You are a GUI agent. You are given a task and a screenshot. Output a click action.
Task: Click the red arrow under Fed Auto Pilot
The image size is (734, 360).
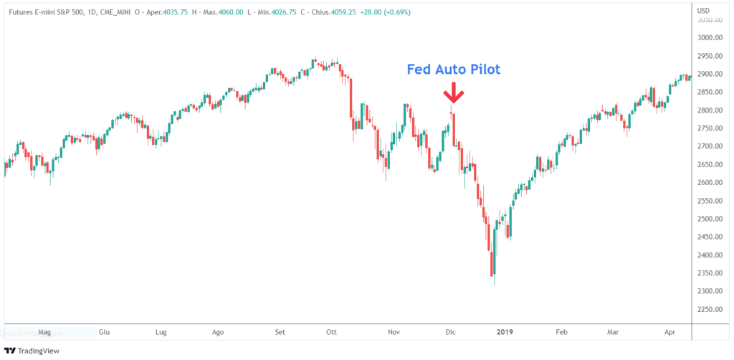click(452, 94)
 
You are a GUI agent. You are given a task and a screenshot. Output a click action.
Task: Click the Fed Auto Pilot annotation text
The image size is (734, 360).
click(453, 70)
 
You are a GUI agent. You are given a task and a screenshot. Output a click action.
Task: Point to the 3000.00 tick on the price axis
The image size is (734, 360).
click(708, 38)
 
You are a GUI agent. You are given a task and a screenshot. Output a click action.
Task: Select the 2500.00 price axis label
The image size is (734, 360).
click(708, 219)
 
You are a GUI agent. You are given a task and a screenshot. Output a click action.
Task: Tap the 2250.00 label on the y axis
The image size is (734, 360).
click(708, 309)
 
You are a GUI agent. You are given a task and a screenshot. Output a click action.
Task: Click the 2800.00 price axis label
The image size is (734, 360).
click(708, 110)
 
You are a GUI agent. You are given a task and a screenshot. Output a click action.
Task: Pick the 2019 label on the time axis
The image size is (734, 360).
click(505, 332)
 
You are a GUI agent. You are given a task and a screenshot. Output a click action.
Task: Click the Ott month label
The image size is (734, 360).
click(332, 332)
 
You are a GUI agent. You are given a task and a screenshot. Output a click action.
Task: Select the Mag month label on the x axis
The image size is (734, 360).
click(44, 332)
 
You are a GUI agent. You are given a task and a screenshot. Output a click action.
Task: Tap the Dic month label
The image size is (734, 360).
click(451, 332)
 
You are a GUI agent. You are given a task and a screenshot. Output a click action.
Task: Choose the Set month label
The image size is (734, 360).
click(280, 332)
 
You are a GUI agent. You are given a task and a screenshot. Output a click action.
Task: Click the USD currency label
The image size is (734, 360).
click(705, 11)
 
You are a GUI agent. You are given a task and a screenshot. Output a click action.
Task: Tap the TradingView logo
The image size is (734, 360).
click(32, 351)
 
